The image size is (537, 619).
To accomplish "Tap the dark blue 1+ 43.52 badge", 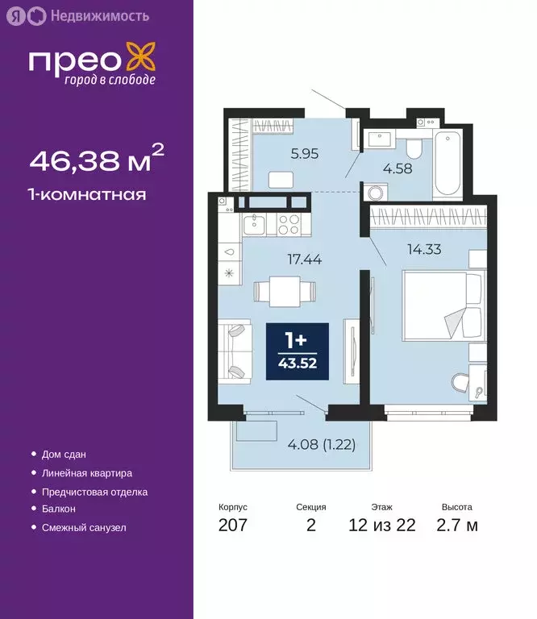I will pyautogui.click(x=297, y=352).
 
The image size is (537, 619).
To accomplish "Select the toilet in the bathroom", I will pyautogui.click(x=414, y=147).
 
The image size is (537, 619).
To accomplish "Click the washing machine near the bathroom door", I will pyautogui.click(x=375, y=193).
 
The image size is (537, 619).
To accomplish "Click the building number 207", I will pyautogui.click(x=232, y=526).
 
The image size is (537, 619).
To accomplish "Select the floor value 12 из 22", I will pyautogui.click(x=382, y=526).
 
